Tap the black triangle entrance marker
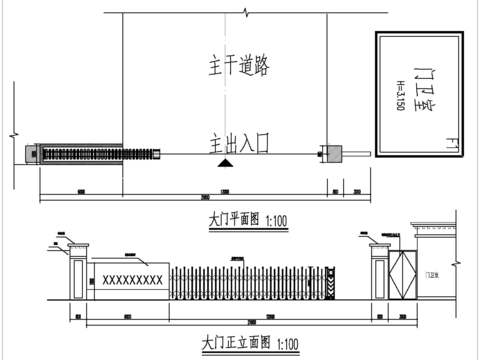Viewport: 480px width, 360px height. (227, 160)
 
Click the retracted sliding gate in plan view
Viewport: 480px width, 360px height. (80, 152)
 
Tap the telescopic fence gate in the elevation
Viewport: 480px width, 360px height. (250, 280)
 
